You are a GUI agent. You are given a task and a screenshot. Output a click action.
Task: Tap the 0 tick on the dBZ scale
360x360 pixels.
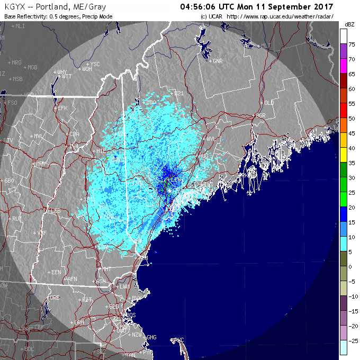(x=350, y=267)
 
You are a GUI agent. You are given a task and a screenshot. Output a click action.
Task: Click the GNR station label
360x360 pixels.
(x=217, y=61)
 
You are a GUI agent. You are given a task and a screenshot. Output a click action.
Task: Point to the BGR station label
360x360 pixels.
(x=260, y=115)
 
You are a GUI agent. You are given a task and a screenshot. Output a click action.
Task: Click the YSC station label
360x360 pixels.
(x=95, y=64)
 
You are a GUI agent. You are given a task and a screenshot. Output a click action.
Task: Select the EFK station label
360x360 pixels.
(x=63, y=108)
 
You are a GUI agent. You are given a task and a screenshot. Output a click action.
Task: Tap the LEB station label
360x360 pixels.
(x=55, y=211)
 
